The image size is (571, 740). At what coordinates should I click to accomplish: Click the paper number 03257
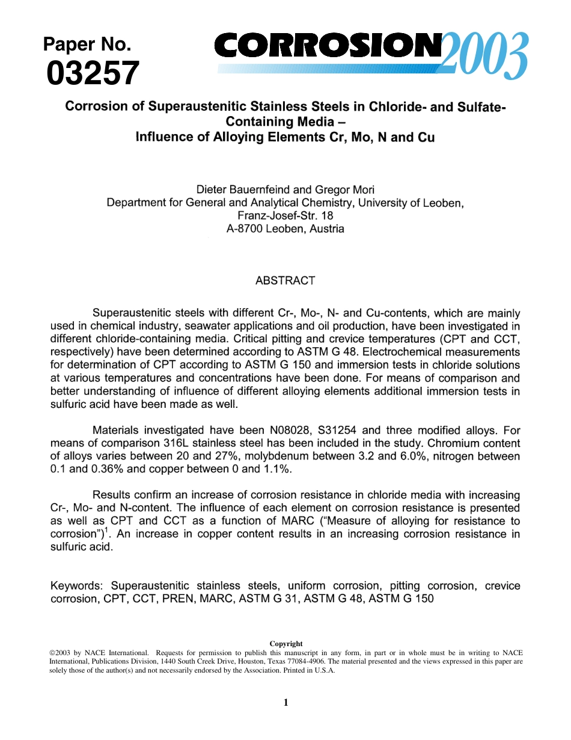[x=93, y=73]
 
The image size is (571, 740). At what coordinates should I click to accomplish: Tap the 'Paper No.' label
[x=87, y=44]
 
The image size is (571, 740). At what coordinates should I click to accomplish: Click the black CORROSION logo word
[x=328, y=45]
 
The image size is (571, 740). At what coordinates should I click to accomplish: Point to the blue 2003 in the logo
[x=486, y=57]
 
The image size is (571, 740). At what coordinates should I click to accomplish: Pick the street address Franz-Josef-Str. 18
[x=285, y=215]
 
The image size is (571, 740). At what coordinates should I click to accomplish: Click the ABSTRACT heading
[x=285, y=280]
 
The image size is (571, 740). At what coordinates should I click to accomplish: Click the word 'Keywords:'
[x=78, y=585]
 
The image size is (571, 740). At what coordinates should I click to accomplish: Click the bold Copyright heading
[x=285, y=644]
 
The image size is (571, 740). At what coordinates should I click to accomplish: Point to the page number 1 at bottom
[x=285, y=702]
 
